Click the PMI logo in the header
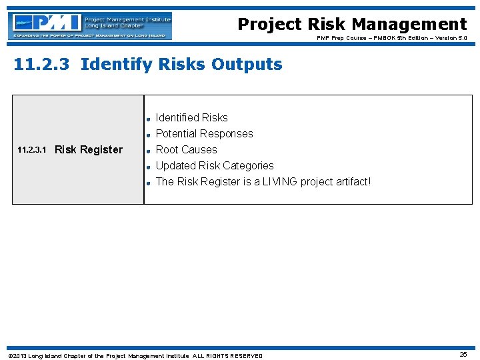pyautogui.click(x=91, y=25)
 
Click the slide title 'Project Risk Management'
pyautogui.click(x=352, y=25)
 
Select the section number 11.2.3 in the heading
pyautogui.click(x=43, y=65)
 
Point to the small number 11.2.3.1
pyautogui.click(x=31, y=150)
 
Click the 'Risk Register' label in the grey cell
pyautogui.click(x=89, y=150)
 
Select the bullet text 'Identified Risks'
pyautogui.click(x=191, y=118)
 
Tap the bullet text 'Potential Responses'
pyautogui.click(x=204, y=134)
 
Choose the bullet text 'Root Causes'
pyautogui.click(x=186, y=150)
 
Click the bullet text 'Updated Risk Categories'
pyautogui.click(x=214, y=166)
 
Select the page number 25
pyautogui.click(x=463, y=355)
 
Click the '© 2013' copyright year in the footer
pyautogui.click(x=17, y=356)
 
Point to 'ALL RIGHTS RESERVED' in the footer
pyautogui.click(x=227, y=356)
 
